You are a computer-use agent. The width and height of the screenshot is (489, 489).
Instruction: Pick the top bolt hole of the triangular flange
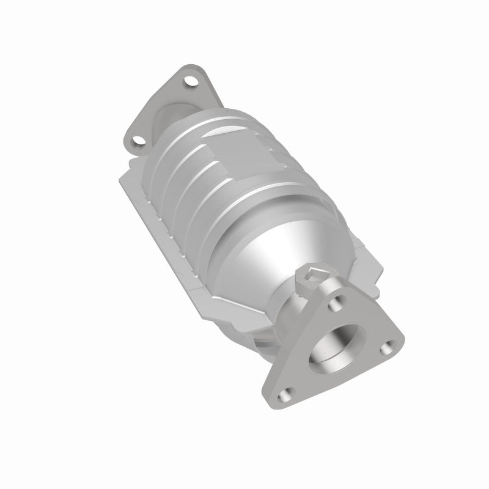335,301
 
